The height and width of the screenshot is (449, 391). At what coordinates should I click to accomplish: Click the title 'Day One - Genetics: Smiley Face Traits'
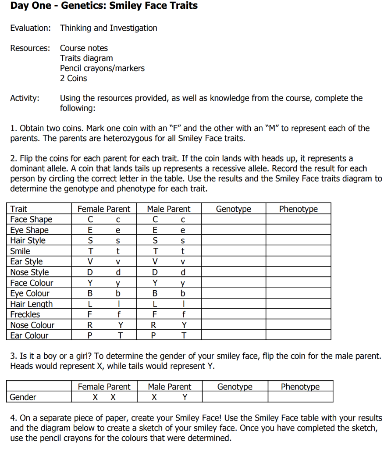(x=104, y=6)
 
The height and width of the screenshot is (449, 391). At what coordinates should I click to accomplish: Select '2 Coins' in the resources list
(x=73, y=78)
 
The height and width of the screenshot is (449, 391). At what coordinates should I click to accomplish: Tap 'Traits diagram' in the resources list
(x=86, y=58)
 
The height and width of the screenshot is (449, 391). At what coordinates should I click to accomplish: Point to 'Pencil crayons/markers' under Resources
(x=102, y=68)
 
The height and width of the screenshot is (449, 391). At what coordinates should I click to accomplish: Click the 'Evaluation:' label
(x=30, y=28)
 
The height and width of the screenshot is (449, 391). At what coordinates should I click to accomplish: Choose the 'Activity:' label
(x=25, y=98)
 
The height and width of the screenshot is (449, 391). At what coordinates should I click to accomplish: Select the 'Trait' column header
(x=19, y=209)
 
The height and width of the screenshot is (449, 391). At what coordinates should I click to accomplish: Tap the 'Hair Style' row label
(x=28, y=241)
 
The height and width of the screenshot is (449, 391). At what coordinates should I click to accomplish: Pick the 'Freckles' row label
(x=25, y=314)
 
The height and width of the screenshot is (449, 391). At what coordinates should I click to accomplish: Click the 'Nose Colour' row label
(x=32, y=325)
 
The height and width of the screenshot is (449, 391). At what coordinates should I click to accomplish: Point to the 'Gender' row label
(x=23, y=397)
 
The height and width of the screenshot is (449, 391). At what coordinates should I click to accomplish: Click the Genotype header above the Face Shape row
(x=234, y=209)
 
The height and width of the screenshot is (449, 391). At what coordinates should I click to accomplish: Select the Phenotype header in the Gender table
(x=300, y=387)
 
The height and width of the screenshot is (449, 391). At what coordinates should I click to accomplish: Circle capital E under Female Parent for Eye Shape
(x=90, y=230)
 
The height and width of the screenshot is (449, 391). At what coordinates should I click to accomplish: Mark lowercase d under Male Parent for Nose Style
(x=183, y=272)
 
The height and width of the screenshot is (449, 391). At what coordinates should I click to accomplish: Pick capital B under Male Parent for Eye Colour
(x=155, y=293)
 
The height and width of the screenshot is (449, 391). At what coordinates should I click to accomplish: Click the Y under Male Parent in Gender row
(x=185, y=397)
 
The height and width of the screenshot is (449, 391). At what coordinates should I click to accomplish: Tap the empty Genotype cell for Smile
(x=234, y=251)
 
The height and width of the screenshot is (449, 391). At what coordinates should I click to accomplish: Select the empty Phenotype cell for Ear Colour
(x=299, y=335)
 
